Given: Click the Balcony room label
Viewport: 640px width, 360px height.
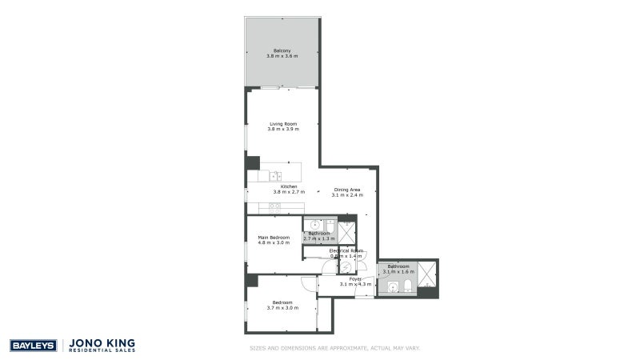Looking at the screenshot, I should click(282, 51).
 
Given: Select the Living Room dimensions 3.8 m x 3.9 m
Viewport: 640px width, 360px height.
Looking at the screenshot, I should click(282, 130).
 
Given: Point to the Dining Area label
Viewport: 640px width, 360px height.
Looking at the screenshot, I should click(348, 190).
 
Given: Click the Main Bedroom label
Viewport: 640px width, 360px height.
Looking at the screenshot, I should click(274, 237).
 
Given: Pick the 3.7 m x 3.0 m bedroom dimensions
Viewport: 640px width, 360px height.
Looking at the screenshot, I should click(282, 308).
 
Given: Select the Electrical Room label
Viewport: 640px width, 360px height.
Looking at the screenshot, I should click(346, 250).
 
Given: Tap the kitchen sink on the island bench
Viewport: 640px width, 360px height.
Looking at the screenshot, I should click(274, 176).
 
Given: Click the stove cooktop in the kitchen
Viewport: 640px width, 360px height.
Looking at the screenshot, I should click(274, 207).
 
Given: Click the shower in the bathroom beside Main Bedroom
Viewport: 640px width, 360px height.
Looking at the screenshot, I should click(346, 233).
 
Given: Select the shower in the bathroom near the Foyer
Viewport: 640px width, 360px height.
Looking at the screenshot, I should click(428, 274).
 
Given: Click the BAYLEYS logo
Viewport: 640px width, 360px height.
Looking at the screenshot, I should click(33, 346).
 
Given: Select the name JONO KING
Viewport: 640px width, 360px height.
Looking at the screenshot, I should click(103, 342).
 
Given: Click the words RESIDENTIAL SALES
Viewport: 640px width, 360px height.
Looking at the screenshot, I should click(103, 351).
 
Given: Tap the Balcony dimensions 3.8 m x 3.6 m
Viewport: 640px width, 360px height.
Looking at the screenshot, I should click(282, 57).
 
